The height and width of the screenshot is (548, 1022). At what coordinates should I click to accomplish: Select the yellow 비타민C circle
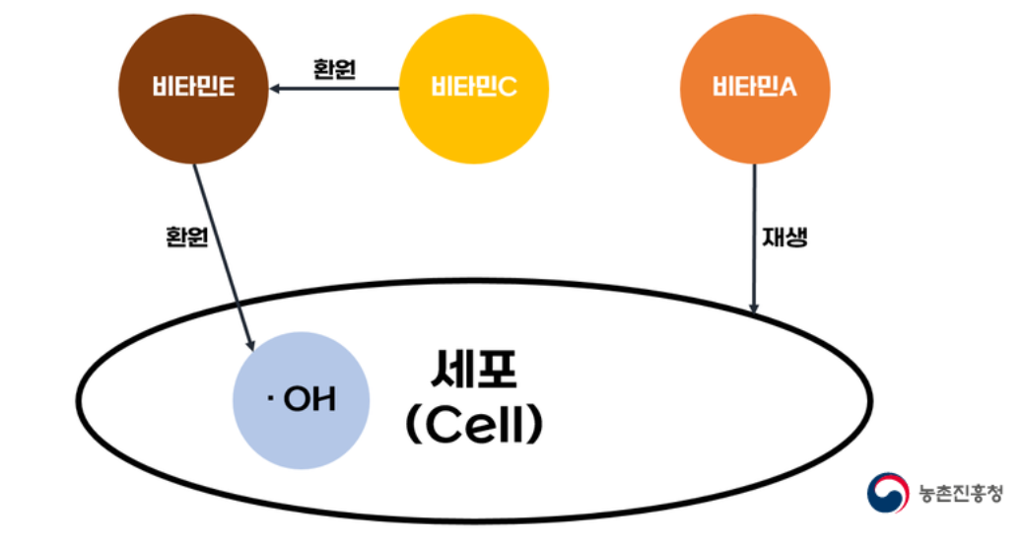click(473, 89)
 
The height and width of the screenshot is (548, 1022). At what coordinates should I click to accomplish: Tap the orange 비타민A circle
click(754, 89)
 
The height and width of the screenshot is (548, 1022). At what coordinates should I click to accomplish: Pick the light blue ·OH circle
click(302, 399)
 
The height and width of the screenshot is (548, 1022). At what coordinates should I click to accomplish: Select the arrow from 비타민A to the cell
click(754, 237)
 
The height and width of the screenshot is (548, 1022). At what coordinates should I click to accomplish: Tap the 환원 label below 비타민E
click(186, 237)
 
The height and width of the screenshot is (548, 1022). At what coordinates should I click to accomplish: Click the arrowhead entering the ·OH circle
click(251, 342)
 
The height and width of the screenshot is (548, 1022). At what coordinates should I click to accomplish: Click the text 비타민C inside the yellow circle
click(473, 89)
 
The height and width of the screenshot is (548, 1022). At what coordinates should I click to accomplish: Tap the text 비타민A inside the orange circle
click(754, 89)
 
